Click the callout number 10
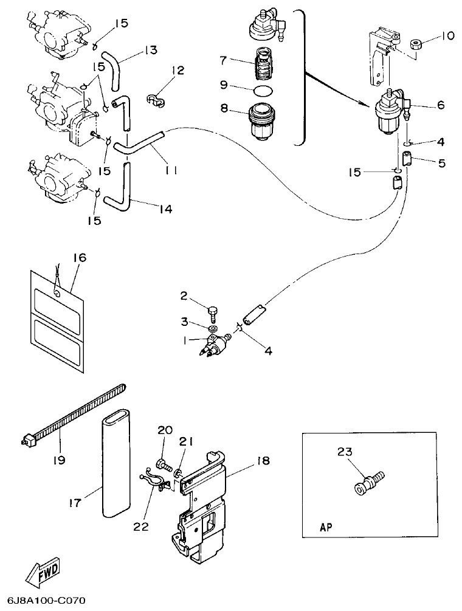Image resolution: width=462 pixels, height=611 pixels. [x=447, y=36]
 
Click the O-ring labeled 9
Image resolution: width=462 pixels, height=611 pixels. [x=262, y=90]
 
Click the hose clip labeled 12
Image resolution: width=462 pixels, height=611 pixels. [x=156, y=99]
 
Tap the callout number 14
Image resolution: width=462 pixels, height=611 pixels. [x=165, y=209]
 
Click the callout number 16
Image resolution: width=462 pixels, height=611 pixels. [x=80, y=258]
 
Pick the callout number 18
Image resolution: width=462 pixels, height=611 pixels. [x=263, y=461]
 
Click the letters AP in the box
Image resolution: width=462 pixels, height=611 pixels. [x=326, y=528]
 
